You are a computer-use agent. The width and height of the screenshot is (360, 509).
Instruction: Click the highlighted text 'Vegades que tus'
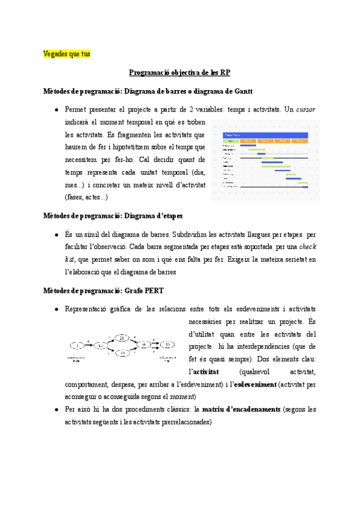point(67,54)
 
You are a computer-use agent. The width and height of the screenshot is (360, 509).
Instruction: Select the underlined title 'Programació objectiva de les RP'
point(179,73)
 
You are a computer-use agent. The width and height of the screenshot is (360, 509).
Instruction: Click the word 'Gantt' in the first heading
point(240,91)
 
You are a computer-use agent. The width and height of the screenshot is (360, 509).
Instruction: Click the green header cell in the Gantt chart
point(230,141)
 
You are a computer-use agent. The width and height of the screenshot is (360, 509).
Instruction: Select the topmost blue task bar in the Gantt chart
point(248,145)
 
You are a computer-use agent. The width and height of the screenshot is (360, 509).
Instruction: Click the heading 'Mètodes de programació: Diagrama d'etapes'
point(113,215)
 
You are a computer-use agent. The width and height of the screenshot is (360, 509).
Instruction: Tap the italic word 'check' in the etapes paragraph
point(307,247)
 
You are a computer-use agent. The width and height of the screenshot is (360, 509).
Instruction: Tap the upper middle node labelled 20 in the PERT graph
point(122,339)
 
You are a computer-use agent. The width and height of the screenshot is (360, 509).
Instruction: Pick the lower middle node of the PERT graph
point(122,354)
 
